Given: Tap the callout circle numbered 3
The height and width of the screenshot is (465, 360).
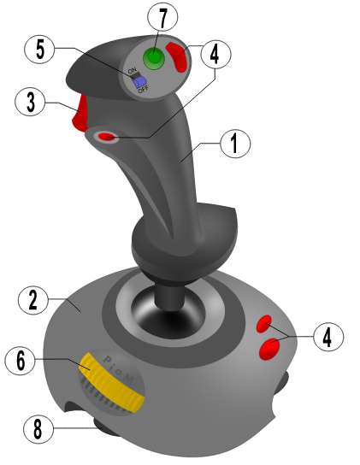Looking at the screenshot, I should click(29, 103).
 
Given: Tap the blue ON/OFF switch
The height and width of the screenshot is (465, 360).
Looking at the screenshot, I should click(142, 82).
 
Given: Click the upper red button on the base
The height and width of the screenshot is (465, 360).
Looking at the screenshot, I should click(264, 325).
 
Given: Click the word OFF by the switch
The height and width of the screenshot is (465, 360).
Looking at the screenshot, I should click(144, 90).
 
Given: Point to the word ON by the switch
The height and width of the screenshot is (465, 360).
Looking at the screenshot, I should click(132, 72).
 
